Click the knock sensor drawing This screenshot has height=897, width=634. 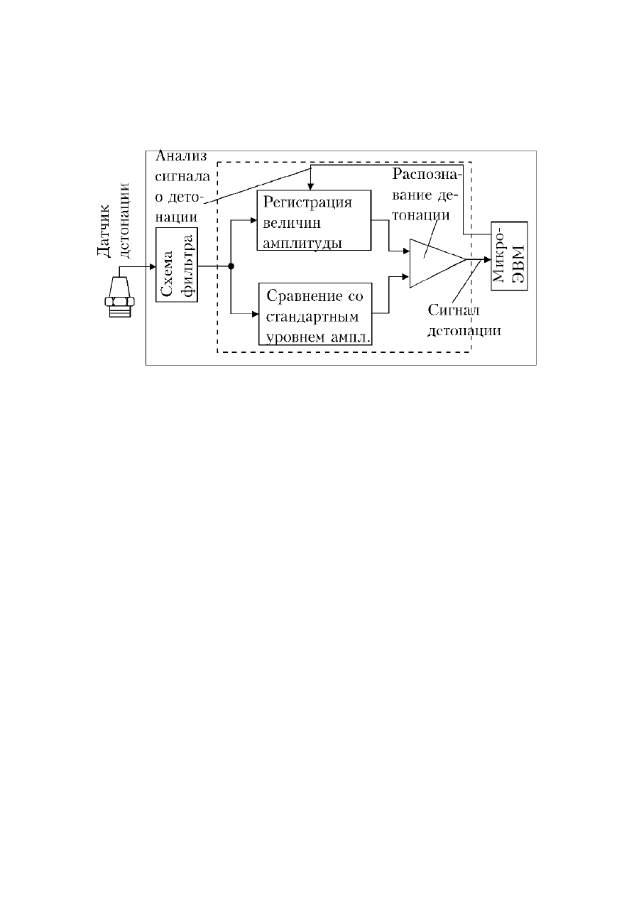point(119,297)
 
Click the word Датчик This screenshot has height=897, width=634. point(104,231)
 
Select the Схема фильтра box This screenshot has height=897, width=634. point(177,265)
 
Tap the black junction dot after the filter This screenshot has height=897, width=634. point(231,266)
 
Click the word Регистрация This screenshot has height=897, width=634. point(307,203)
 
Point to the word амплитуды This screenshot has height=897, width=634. point(302,244)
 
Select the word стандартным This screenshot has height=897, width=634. point(312,317)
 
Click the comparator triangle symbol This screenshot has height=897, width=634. point(437,263)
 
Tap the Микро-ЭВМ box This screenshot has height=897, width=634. point(509,256)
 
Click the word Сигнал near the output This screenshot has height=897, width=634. point(454,310)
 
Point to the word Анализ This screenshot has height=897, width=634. point(181,156)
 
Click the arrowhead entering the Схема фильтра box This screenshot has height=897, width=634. point(153,267)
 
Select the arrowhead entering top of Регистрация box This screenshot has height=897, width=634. point(310,187)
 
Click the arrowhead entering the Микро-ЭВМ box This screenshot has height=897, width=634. point(487,259)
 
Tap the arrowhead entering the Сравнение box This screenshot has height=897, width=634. point(255,315)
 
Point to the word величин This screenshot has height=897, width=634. point(292,223)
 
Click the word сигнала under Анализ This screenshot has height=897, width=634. point(182,177)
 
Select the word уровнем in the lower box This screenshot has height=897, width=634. point(295,338)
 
